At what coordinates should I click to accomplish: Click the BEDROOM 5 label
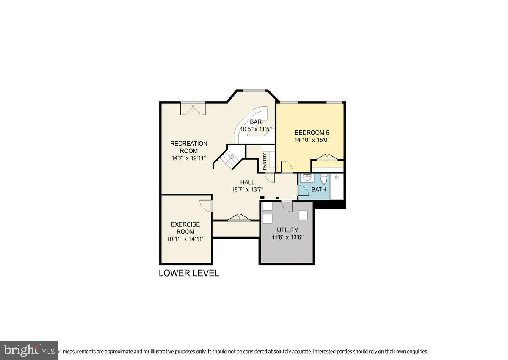pyautogui.click(x=312, y=132)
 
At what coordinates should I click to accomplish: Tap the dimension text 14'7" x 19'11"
pyautogui.click(x=188, y=158)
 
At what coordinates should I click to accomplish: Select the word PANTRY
pyautogui.click(x=265, y=161)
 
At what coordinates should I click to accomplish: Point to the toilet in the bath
pyautogui.click(x=324, y=178)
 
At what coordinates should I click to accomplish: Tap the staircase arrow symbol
pyautogui.click(x=231, y=159)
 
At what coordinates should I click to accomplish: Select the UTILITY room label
pyautogui.click(x=288, y=230)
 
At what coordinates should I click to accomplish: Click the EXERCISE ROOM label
pyautogui.click(x=185, y=228)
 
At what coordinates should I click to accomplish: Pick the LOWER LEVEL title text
pyautogui.click(x=189, y=273)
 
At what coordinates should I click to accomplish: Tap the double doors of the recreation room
pyautogui.click(x=193, y=108)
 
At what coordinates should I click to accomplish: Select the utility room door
pyautogui.click(x=287, y=205)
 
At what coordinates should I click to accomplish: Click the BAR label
pyautogui.click(x=255, y=122)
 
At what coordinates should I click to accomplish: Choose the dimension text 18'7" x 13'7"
pyautogui.click(x=247, y=190)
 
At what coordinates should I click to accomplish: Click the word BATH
pyautogui.click(x=319, y=189)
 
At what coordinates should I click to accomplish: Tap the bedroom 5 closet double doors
pyautogui.click(x=327, y=157)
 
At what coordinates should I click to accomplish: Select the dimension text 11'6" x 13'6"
pyautogui.click(x=288, y=237)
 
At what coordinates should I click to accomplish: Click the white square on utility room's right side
pyautogui.click(x=303, y=215)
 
